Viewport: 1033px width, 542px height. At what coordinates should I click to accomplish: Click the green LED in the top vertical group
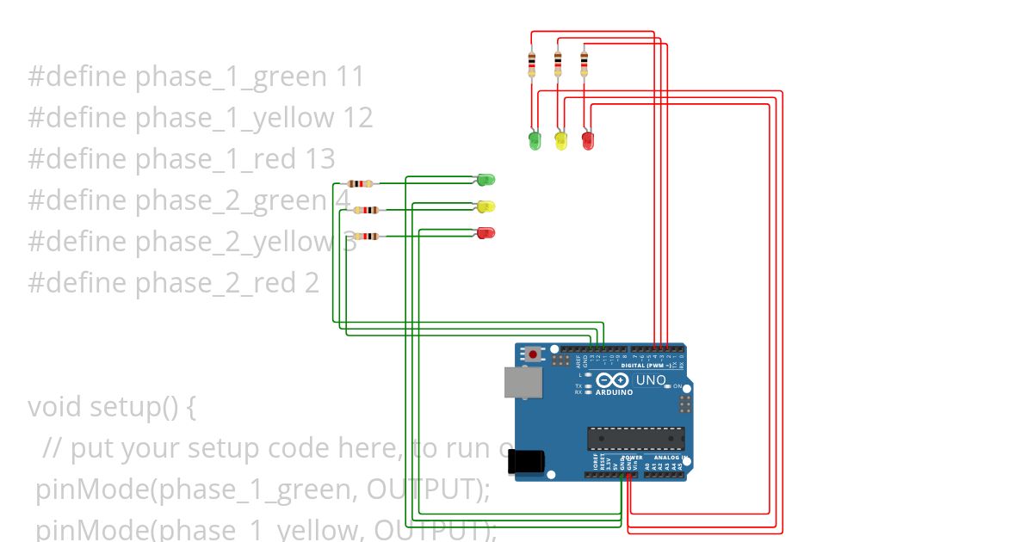click(535, 139)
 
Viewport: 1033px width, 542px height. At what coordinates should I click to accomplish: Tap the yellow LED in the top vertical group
click(561, 139)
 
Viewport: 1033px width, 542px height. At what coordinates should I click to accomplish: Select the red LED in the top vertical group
click(588, 139)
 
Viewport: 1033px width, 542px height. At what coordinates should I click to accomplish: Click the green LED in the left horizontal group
click(486, 180)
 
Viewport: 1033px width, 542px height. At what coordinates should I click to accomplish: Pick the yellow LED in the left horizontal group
click(486, 206)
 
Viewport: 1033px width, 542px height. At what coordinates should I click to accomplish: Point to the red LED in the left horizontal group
click(486, 232)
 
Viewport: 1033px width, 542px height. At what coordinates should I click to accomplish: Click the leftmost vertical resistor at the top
click(531, 62)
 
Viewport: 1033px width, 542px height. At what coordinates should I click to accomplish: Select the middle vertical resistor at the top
click(558, 62)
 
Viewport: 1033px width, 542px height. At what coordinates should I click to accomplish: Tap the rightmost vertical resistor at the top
click(585, 62)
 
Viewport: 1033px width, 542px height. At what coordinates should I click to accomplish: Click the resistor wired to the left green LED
click(360, 183)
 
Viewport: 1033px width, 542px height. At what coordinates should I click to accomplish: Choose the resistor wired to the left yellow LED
click(367, 210)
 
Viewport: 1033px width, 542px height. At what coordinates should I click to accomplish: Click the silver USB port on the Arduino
click(523, 382)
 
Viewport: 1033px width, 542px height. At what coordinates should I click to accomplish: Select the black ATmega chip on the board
click(636, 438)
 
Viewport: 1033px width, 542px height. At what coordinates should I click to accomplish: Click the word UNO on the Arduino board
click(651, 379)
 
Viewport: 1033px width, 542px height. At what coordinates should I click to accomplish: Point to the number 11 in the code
click(349, 77)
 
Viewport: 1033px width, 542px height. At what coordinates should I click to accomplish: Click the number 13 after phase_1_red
click(319, 159)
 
